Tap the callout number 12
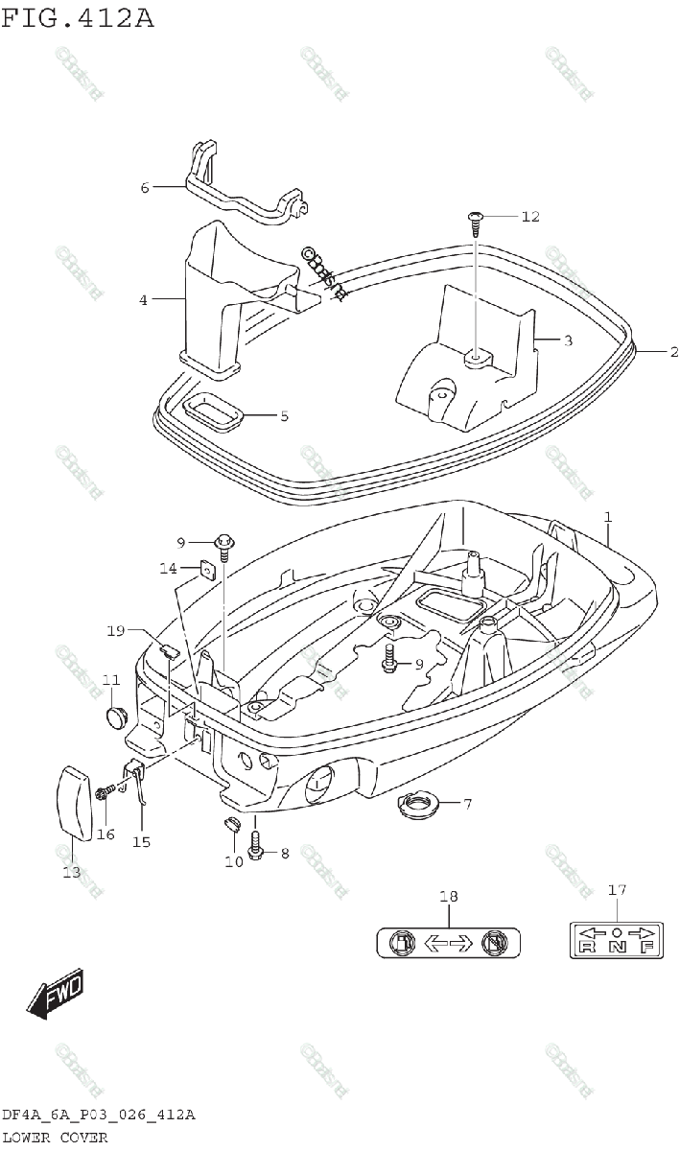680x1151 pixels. click(529, 217)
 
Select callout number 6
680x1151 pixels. click(145, 188)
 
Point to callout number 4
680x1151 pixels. click(143, 300)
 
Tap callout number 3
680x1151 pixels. click(568, 341)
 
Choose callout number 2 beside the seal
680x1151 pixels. click(673, 352)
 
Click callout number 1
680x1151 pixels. click(608, 518)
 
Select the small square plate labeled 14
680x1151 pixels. click(206, 571)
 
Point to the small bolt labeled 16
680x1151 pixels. click(104, 792)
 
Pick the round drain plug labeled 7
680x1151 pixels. click(416, 804)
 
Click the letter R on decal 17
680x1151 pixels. click(586, 948)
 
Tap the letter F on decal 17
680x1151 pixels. click(646, 948)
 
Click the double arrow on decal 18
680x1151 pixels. click(447, 944)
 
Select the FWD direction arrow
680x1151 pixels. click(55, 995)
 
